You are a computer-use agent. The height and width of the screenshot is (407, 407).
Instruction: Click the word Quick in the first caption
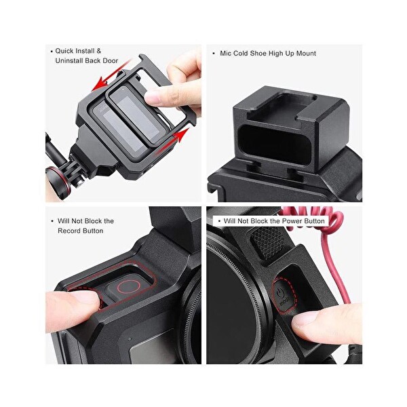click(x=66, y=51)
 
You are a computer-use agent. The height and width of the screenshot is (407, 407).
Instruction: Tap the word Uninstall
click(x=71, y=61)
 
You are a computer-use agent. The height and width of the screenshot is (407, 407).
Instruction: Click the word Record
click(x=70, y=231)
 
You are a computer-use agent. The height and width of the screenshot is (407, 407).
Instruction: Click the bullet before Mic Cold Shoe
click(x=213, y=53)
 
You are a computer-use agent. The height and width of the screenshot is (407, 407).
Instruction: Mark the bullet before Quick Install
click(x=51, y=51)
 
